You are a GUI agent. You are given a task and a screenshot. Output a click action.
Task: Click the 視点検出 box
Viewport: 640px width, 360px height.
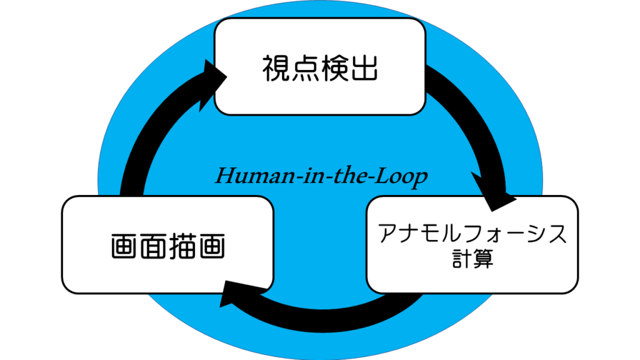pos(320,66)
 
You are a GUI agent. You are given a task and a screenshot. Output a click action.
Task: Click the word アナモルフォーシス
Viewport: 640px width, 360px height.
pos(472,236)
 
